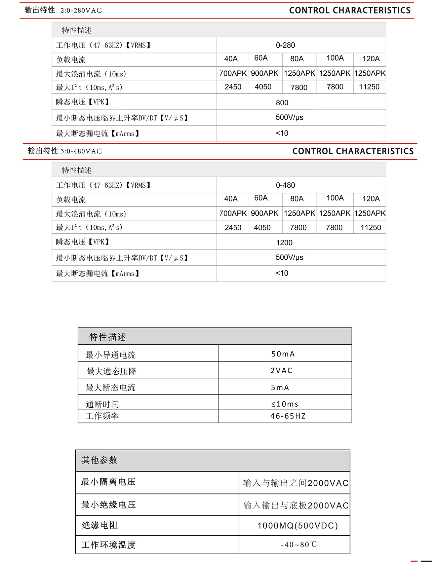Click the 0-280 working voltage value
(285, 45)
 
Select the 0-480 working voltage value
(285, 185)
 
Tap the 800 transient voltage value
(282, 103)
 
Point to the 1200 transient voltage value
(284, 242)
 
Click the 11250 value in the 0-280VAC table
(369, 87)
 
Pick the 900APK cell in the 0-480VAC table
(265, 213)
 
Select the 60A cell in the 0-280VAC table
(261, 58)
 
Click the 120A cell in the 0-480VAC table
(371, 199)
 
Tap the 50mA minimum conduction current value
(283, 354)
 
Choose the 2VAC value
(281, 370)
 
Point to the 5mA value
(280, 387)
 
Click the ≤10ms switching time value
(285, 404)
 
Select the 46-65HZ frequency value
(288, 416)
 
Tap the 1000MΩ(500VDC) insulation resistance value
(297, 526)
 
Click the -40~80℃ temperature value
(299, 545)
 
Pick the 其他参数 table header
(100, 460)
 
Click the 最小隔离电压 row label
(108, 482)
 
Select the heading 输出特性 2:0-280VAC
(63, 10)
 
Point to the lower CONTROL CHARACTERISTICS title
(353, 151)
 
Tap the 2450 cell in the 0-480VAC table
(233, 228)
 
